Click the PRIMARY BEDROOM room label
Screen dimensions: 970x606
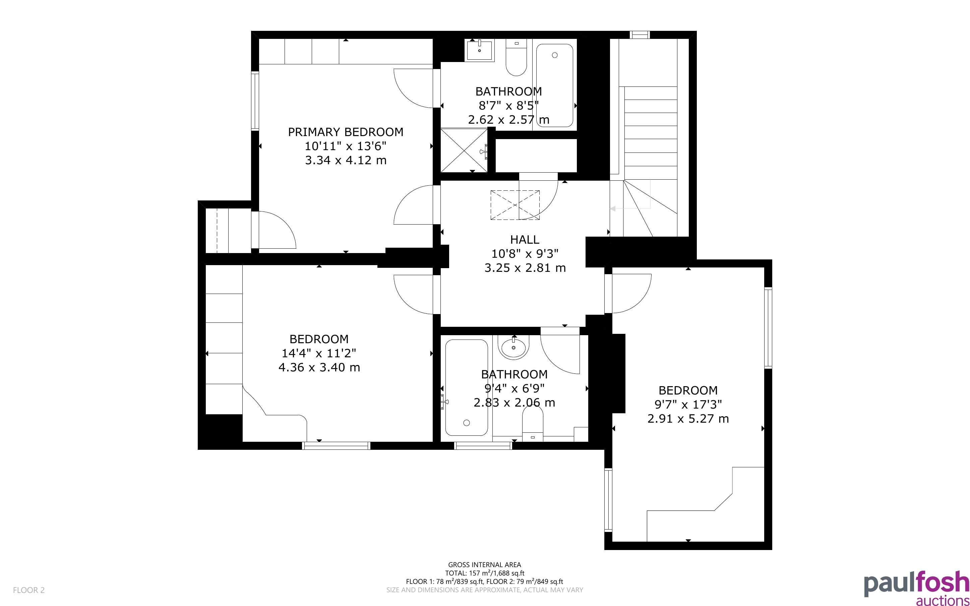pyautogui.click(x=345, y=132)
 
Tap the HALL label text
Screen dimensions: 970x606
pyautogui.click(x=525, y=240)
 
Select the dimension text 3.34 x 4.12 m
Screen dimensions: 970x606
pyautogui.click(x=345, y=160)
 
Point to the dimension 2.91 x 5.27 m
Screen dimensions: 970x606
pyautogui.click(x=688, y=419)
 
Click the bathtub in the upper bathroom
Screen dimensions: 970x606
pyautogui.click(x=554, y=85)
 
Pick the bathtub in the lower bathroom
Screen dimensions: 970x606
pyautogui.click(x=466, y=387)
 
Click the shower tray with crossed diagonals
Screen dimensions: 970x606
pyautogui.click(x=464, y=150)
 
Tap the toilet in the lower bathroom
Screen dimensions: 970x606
pyautogui.click(x=533, y=424)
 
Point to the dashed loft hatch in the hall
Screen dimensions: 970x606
pyautogui.click(x=515, y=205)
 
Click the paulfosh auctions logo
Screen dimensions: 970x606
pyautogui.click(x=916, y=588)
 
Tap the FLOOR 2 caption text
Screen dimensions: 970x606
pyautogui.click(x=29, y=590)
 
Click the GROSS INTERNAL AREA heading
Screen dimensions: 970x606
pyautogui.click(x=484, y=565)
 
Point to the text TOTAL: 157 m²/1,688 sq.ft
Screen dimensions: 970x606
pyautogui.click(x=484, y=573)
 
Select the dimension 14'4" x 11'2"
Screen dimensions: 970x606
pyautogui.click(x=319, y=353)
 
